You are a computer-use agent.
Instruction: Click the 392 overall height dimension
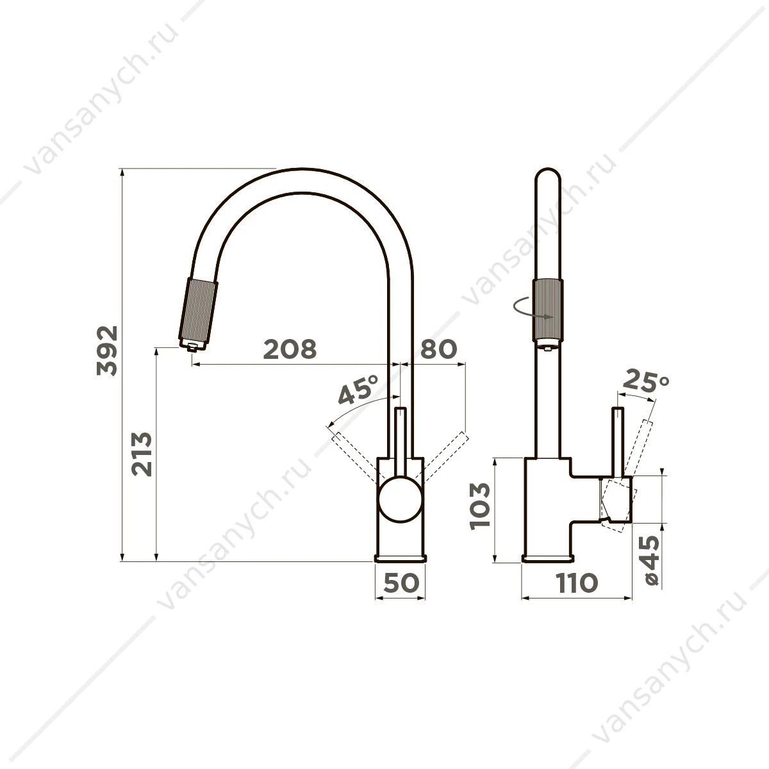108,351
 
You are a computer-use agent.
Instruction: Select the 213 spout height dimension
142,454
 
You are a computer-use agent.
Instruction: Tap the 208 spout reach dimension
290,349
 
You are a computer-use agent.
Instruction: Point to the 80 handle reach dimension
438,349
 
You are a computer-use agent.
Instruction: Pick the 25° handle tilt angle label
645,380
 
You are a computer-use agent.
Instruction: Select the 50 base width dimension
401,583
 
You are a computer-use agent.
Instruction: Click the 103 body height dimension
480,506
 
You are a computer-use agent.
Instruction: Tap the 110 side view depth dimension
577,583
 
